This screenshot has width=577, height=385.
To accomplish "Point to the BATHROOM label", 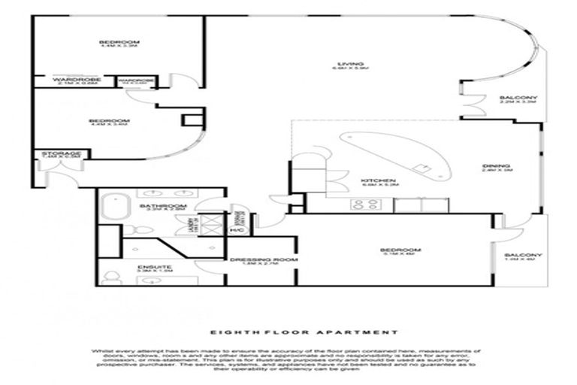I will [165, 205].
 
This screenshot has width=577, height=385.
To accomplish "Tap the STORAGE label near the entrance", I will [60, 153].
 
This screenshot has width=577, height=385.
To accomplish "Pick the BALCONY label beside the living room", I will [518, 99].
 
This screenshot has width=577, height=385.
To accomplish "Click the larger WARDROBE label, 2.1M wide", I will [72, 78].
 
